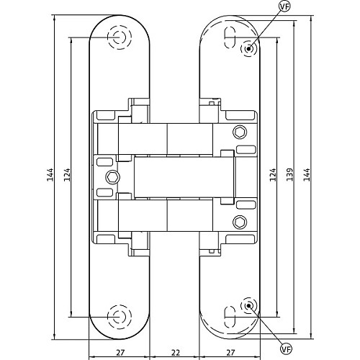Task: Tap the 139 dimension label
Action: click(x=290, y=174)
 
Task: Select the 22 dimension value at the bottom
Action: click(x=176, y=353)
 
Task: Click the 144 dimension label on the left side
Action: click(x=50, y=174)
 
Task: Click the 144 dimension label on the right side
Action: click(x=307, y=174)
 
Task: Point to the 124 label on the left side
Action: click(x=67, y=174)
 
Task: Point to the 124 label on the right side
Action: click(x=273, y=174)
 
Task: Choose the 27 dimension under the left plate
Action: click(x=120, y=353)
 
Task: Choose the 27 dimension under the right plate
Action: click(x=230, y=353)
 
